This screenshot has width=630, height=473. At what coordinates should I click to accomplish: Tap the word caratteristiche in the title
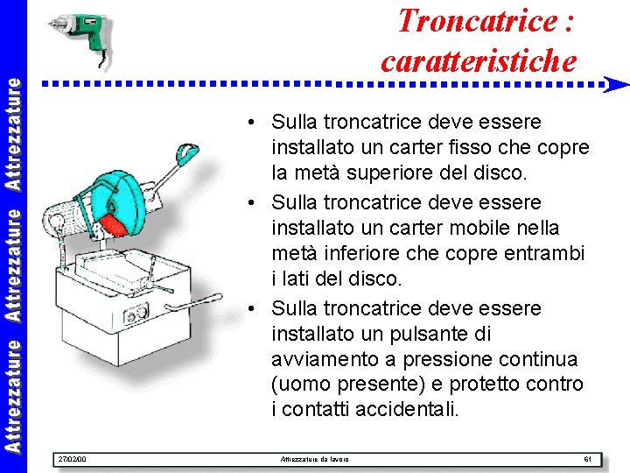(479, 61)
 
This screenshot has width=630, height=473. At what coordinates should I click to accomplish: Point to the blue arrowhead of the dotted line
(617, 85)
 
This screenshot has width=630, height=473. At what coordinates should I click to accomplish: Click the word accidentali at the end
(409, 409)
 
